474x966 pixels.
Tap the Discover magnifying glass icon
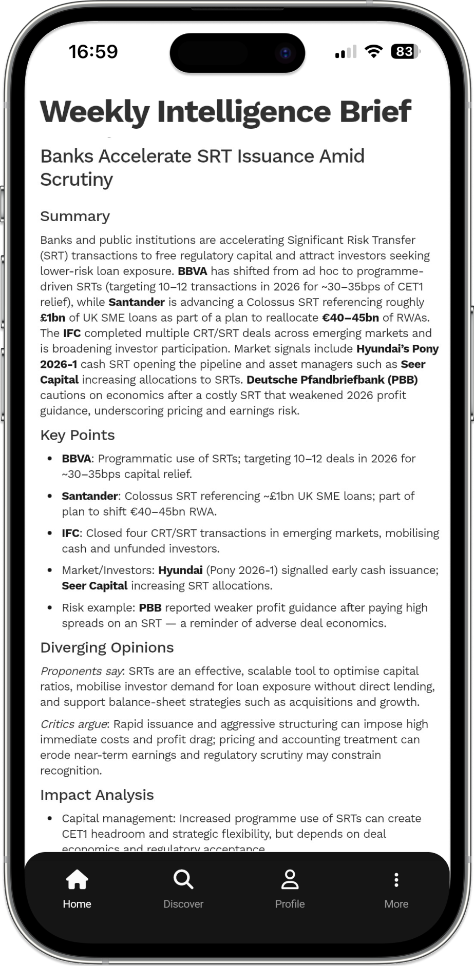pyautogui.click(x=183, y=879)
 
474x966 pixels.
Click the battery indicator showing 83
pyautogui.click(x=405, y=51)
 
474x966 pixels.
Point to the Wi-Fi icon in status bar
pyautogui.click(x=374, y=51)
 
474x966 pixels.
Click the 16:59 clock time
pyautogui.click(x=93, y=51)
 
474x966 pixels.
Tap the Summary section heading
pyautogui.click(x=75, y=216)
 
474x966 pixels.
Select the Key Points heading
pyautogui.click(x=78, y=435)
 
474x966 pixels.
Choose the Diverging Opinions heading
pyautogui.click(x=107, y=647)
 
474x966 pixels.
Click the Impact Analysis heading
pyautogui.click(x=97, y=795)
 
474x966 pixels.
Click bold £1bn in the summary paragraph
pyautogui.click(x=53, y=318)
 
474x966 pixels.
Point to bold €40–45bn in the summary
pyautogui.click(x=350, y=318)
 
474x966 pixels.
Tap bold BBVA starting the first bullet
pyautogui.click(x=77, y=459)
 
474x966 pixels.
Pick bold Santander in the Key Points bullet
pyautogui.click(x=90, y=496)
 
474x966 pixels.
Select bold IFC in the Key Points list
pyautogui.click(x=70, y=533)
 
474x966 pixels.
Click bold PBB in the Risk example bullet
pyautogui.click(x=150, y=608)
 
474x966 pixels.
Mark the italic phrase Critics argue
pyautogui.click(x=73, y=724)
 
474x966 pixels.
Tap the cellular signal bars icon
pyautogui.click(x=346, y=52)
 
